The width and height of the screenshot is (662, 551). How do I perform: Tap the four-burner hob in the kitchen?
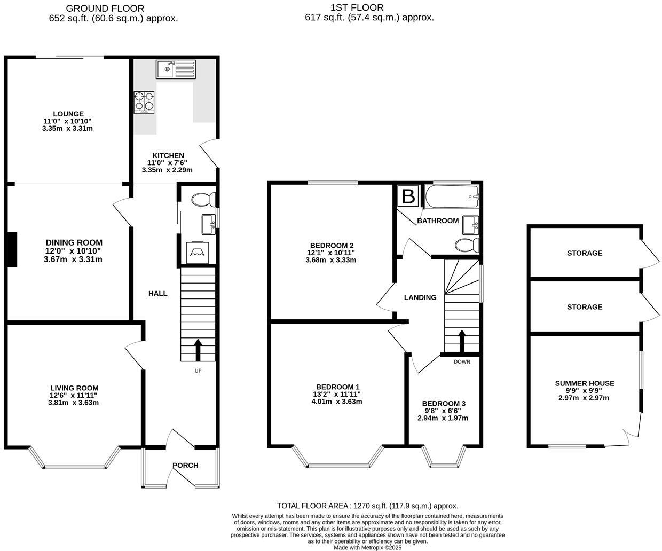pyautogui.click(x=145, y=102)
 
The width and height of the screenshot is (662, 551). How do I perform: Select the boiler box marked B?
pyautogui.click(x=408, y=196)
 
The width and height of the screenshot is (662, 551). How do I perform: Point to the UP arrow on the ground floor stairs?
pyautogui.click(x=198, y=350)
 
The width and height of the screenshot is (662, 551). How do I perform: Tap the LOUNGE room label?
pyautogui.click(x=68, y=114)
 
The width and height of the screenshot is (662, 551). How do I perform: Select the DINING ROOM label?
pyautogui.click(x=74, y=243)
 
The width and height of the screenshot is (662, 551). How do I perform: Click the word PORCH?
pyautogui.click(x=185, y=466)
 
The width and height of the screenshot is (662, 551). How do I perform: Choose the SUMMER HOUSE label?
pyautogui.click(x=585, y=383)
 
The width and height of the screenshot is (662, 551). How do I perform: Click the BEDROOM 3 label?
pyautogui.click(x=443, y=404)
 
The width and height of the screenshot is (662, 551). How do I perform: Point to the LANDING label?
pyautogui.click(x=420, y=297)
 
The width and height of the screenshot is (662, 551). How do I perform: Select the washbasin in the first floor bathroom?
pyautogui.click(x=470, y=224)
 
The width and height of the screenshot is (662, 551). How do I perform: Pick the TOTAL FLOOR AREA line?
pyautogui.click(x=367, y=506)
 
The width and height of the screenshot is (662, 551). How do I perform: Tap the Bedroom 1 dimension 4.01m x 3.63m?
pyautogui.click(x=336, y=402)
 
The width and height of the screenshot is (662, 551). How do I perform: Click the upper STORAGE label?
pyautogui.click(x=585, y=253)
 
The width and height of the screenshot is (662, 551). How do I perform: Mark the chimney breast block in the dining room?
pyautogui.click(x=12, y=249)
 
